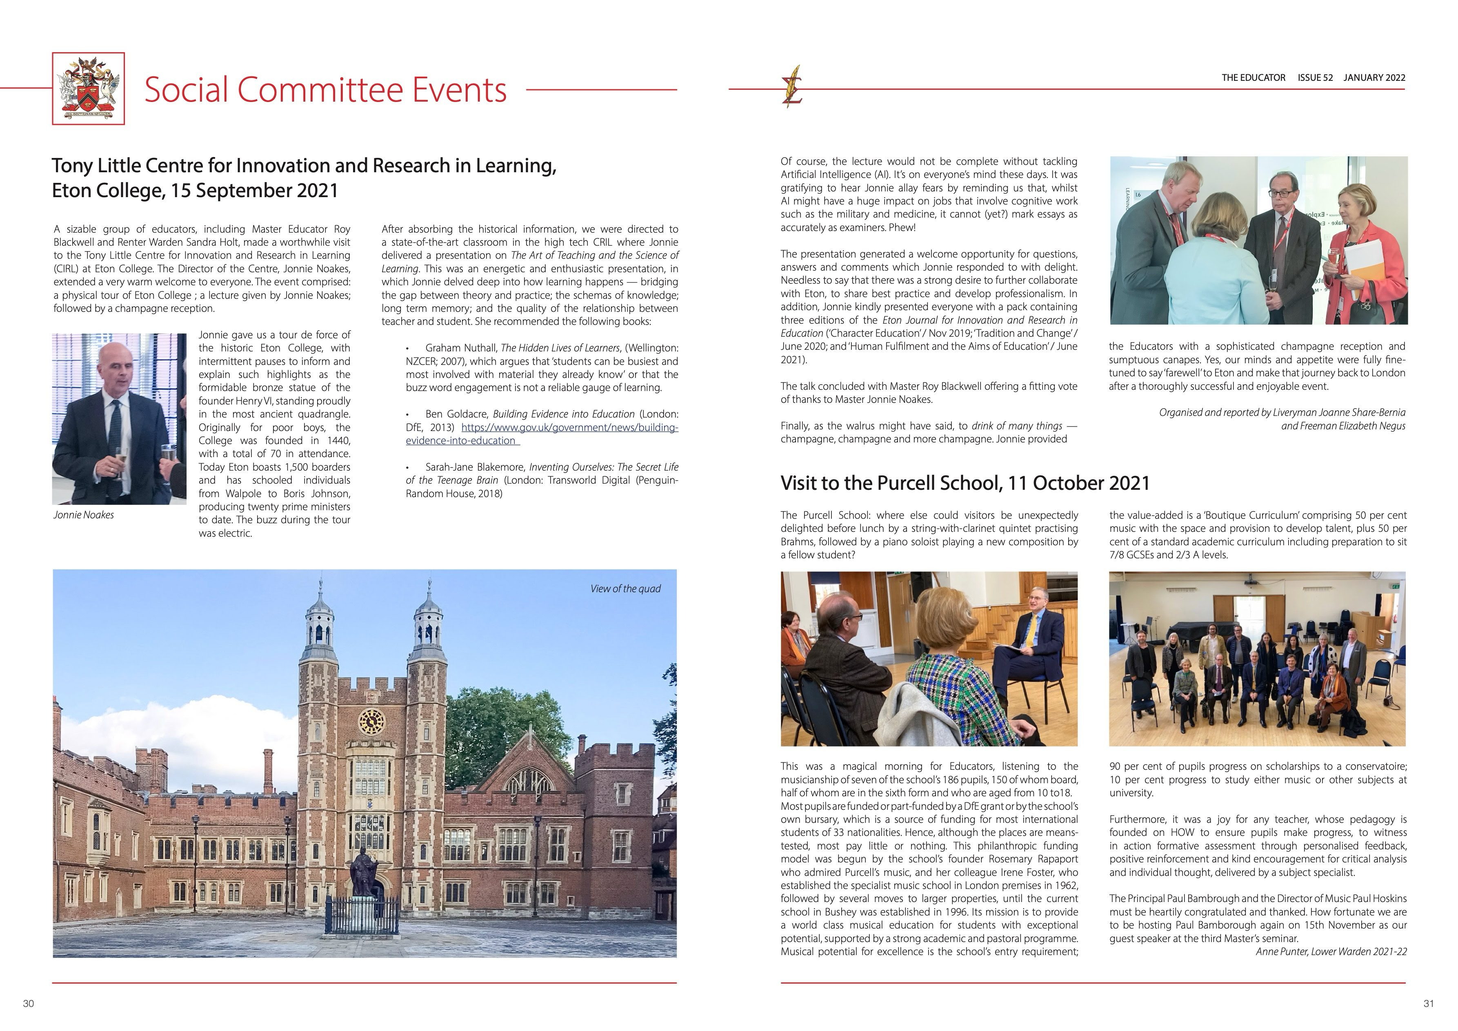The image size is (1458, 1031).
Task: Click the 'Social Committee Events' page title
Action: [325, 89]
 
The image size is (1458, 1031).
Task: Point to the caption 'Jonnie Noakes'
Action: [84, 515]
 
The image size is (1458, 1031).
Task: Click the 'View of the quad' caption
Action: [625, 589]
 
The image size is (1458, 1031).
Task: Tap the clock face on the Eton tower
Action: [371, 721]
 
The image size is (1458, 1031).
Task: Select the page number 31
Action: [1429, 1004]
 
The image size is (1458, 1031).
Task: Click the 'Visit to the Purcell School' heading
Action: [965, 483]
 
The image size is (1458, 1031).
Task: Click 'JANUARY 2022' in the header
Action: [1374, 78]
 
